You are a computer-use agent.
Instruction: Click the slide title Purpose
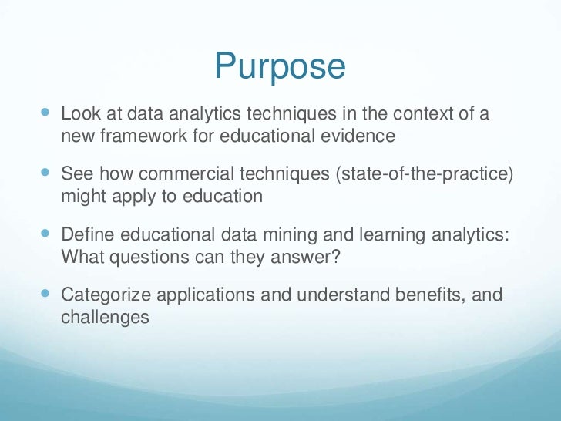coord(280,66)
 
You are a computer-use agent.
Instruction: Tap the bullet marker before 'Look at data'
coord(43,114)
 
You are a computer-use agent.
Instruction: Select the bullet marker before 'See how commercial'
coord(43,173)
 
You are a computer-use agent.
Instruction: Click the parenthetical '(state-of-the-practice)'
coord(423,175)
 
